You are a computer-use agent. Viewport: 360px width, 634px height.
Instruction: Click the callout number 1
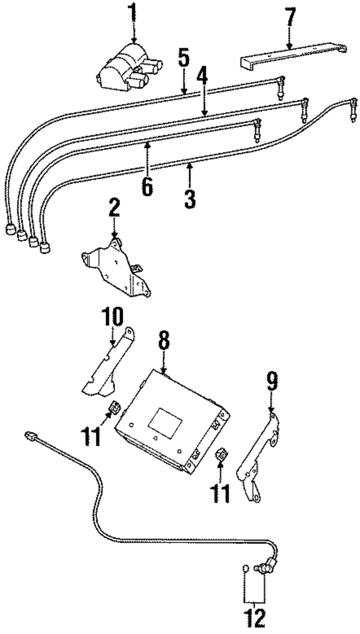pos(134,13)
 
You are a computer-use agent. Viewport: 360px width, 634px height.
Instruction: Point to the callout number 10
pos(112,317)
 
